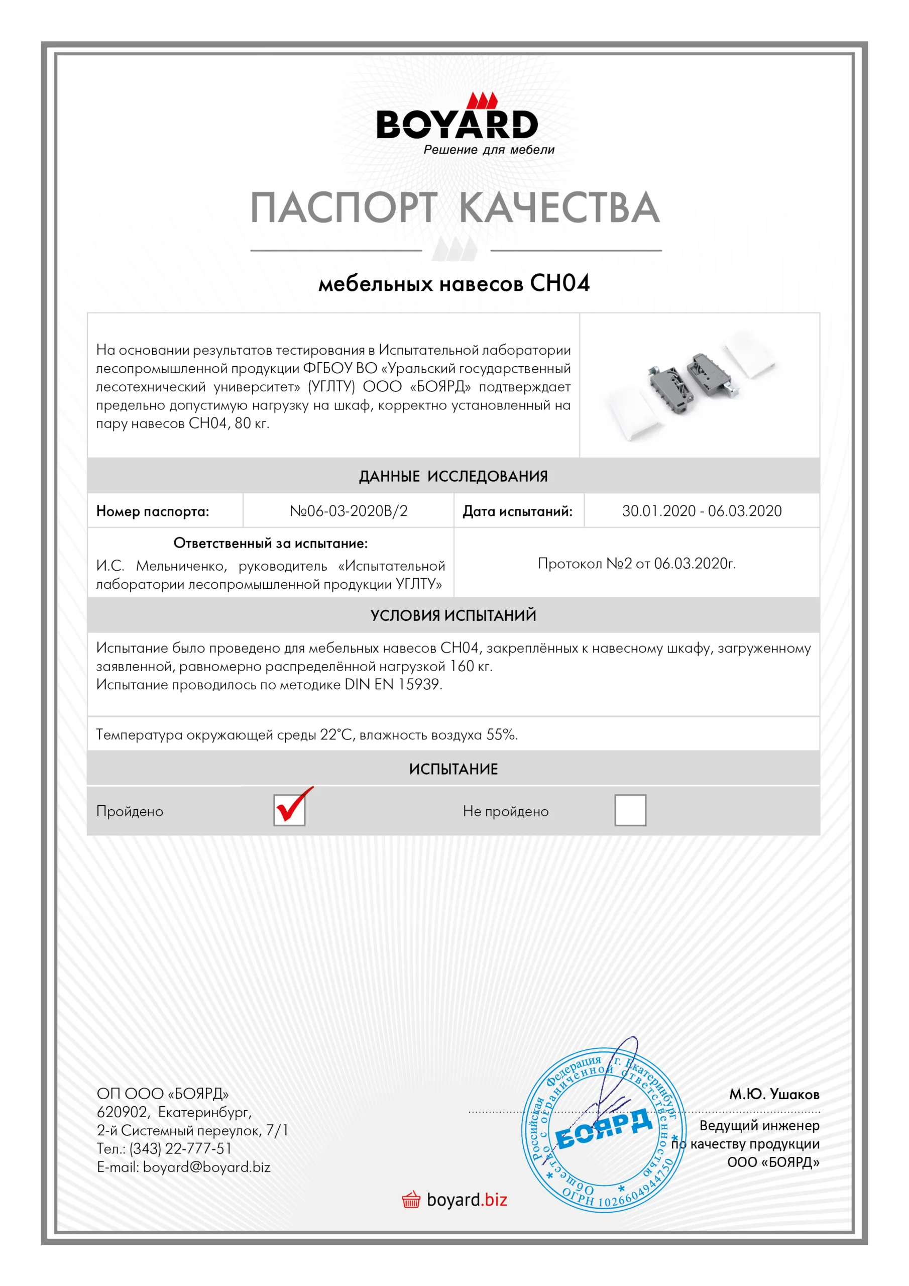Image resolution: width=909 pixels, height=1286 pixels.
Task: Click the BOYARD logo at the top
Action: point(457,123)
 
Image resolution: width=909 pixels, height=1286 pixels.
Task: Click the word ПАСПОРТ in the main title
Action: point(343,207)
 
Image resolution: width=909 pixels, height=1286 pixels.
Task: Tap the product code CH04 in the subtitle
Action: point(559,283)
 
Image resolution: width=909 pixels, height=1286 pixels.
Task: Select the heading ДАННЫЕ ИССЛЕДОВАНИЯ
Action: point(453,477)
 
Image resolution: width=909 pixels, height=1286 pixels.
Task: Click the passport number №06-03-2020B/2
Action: point(349,511)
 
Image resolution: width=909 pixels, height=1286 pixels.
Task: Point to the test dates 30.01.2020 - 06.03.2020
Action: point(701,511)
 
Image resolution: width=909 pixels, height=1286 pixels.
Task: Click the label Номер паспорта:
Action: point(152,511)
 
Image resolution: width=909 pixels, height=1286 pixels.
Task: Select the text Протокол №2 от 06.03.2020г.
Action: point(636,564)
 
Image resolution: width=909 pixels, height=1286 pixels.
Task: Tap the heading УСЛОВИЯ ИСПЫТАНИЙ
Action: point(453,615)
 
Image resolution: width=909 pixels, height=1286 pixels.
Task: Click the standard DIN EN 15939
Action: point(393,685)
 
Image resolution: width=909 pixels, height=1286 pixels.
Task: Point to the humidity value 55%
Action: point(501,735)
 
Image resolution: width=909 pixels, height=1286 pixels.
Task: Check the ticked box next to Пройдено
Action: point(290,810)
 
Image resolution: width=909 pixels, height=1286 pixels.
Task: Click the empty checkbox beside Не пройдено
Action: point(630,810)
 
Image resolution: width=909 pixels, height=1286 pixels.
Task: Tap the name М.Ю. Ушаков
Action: point(773,1094)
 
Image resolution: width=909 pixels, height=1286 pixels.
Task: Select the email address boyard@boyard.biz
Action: point(207,1167)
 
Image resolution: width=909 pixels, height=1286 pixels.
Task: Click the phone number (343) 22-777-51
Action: point(180,1149)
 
